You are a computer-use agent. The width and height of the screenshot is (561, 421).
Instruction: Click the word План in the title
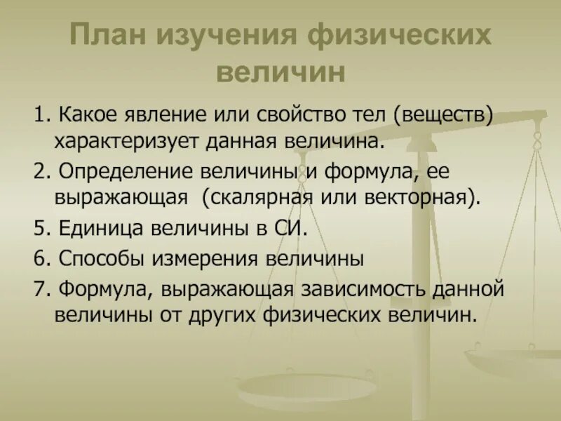(115, 36)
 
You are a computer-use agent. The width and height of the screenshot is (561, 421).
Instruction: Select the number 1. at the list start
(41, 114)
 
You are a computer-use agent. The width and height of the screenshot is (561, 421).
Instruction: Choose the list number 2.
(41, 172)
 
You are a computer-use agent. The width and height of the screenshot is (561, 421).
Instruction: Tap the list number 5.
(41, 229)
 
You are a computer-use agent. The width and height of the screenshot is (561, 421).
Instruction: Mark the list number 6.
(41, 258)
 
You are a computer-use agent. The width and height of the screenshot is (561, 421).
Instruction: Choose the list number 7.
(41, 288)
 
